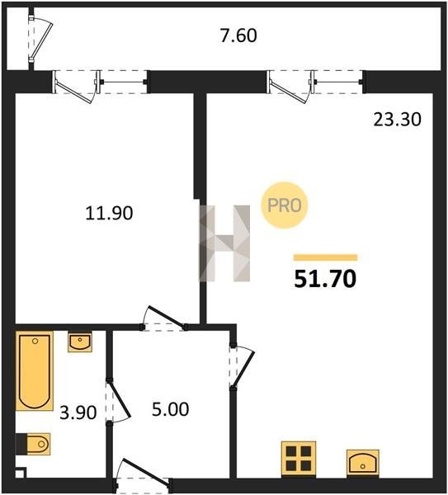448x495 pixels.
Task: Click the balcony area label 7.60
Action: click(x=238, y=35)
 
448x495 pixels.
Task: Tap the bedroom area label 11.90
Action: click(x=109, y=213)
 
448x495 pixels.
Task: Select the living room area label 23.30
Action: click(x=397, y=120)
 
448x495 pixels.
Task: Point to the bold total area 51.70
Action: click(x=325, y=279)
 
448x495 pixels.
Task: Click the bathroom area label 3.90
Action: click(x=78, y=412)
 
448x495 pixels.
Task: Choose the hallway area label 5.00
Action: click(x=171, y=409)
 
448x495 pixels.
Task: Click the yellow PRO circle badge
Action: click(x=285, y=205)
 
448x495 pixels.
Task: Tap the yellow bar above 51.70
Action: click(x=326, y=257)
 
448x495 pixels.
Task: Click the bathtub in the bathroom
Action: click(x=35, y=371)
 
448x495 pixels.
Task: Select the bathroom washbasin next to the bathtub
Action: click(x=80, y=342)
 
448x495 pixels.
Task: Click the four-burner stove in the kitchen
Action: click(x=299, y=459)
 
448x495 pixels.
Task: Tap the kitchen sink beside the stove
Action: click(x=363, y=463)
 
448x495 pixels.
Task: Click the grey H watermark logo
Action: click(x=224, y=243)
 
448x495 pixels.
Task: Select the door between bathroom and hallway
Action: click(x=117, y=402)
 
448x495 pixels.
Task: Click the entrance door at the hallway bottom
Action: click(x=143, y=476)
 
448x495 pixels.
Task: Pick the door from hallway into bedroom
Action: click(x=164, y=318)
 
